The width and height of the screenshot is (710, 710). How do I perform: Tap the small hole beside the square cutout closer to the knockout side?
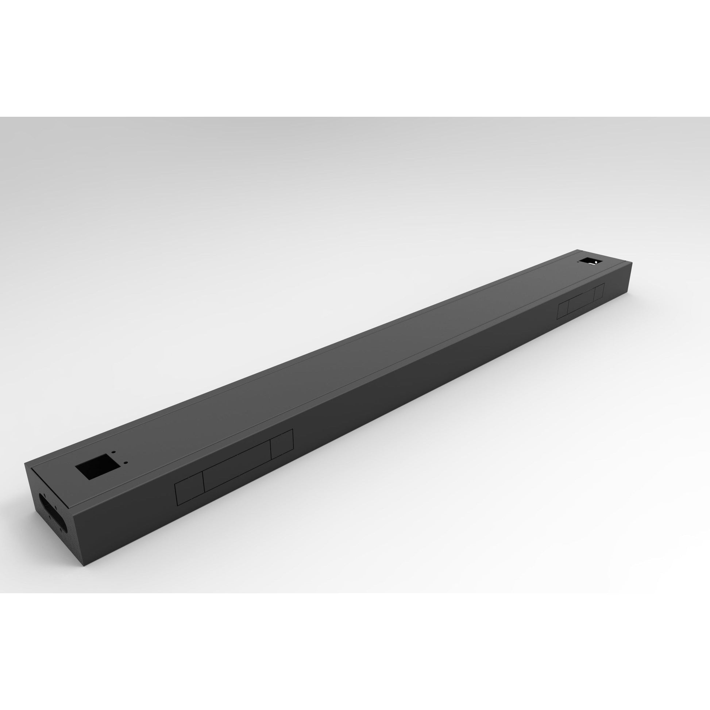(x=126, y=462)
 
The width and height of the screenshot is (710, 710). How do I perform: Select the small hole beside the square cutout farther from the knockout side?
(x=114, y=452)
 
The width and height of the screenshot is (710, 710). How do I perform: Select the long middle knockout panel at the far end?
(x=581, y=301)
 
